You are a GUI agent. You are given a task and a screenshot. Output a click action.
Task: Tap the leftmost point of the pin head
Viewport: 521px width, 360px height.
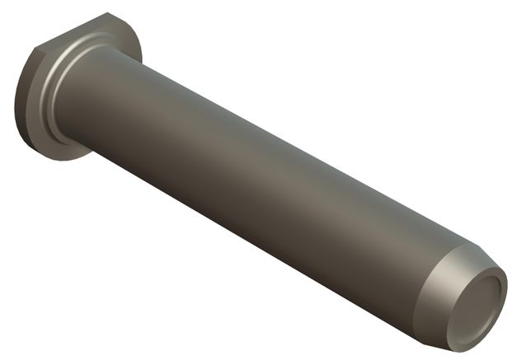click(x=15, y=107)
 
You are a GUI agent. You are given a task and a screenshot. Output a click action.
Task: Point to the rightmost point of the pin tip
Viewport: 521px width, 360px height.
click(x=507, y=292)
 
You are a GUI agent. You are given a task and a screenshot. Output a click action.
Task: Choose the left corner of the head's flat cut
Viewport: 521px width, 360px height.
click(x=37, y=49)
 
